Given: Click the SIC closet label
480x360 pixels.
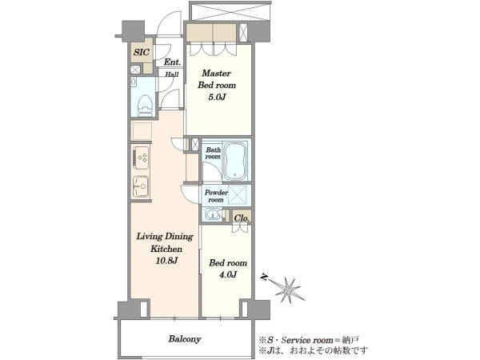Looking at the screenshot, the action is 142,52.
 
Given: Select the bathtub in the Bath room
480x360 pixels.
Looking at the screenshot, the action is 234,160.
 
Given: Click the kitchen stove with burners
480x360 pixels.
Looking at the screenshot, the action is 141,158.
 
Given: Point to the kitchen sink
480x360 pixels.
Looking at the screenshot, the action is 141,186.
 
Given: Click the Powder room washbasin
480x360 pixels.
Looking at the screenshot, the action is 213,214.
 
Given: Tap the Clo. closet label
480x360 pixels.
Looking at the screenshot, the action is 242,218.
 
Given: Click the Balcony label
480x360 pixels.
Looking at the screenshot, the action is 185,339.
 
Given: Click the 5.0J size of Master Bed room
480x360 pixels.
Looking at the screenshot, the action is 217,98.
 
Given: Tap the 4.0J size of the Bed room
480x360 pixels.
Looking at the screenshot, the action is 228,274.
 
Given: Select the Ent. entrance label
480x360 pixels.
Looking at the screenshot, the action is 172,62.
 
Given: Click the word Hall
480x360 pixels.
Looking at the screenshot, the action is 172,74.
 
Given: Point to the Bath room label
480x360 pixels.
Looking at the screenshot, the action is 213,153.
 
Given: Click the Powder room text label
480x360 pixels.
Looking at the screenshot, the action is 216,196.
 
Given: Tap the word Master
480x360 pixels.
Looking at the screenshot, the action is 216,74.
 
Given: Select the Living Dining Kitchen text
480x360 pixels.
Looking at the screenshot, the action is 165,242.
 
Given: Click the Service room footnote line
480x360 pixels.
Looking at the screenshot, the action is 309,340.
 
